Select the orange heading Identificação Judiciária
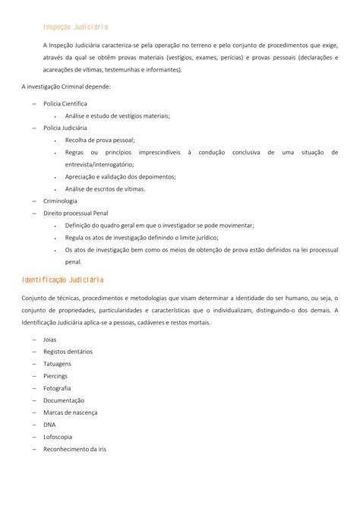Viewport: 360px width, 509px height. tap(63, 280)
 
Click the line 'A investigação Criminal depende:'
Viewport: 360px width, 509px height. tap(66, 87)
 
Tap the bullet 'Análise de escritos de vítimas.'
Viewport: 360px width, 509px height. tap(105, 188)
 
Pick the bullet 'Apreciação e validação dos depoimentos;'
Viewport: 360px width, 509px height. tap(120, 176)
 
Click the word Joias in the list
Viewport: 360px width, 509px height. tap(50, 339)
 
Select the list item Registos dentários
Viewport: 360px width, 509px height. tap(68, 351)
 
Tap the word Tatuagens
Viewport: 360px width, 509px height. tap(58, 363)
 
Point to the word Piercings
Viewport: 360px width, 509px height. tap(56, 375)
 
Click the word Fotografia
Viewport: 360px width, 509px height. tap(58, 387)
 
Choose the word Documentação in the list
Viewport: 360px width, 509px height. tap(63, 400)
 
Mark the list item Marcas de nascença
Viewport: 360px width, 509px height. tap(70, 412)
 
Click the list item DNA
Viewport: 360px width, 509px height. tap(49, 424)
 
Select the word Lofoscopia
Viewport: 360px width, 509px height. tap(59, 436)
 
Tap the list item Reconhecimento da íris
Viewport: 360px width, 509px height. tap(74, 448)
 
